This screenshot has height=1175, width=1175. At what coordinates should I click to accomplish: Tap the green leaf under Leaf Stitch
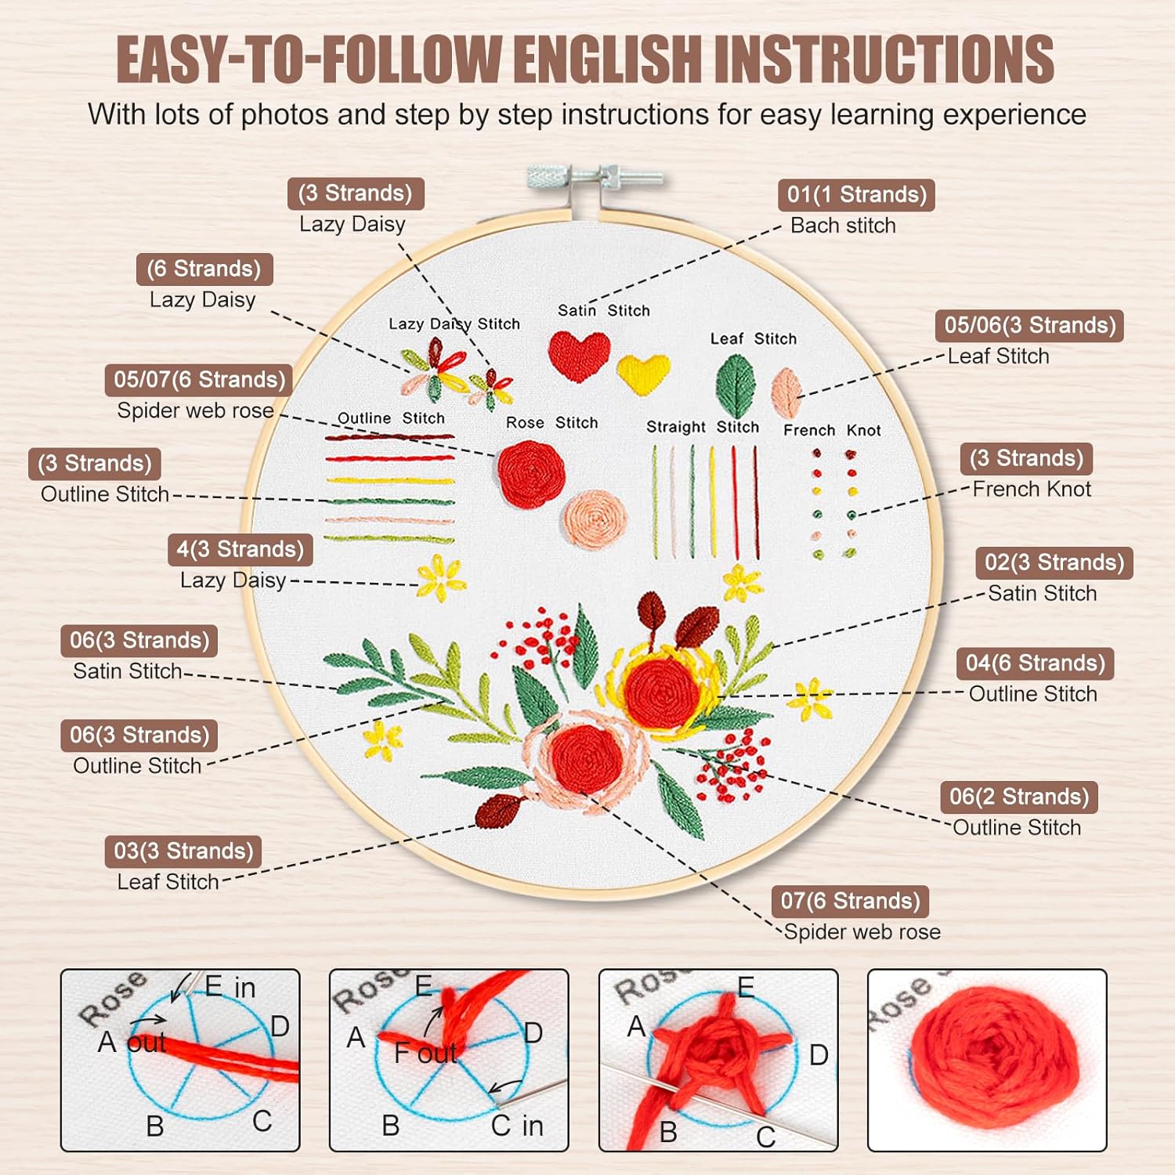736,385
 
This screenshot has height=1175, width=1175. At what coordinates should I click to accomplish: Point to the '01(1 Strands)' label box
856,194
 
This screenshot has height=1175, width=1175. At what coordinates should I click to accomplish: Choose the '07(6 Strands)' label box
850,901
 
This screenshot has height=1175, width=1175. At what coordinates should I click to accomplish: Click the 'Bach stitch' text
843,226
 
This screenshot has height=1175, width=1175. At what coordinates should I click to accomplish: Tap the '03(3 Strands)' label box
183,851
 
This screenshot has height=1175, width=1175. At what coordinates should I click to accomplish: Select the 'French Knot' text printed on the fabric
832,430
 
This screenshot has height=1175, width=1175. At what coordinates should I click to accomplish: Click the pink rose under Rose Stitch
595,519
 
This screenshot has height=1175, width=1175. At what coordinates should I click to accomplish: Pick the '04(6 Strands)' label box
1035,663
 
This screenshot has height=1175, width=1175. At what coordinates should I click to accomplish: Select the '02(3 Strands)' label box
1054,562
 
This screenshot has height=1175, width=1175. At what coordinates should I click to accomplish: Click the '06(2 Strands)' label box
1019,797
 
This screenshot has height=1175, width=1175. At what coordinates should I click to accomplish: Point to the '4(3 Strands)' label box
240,549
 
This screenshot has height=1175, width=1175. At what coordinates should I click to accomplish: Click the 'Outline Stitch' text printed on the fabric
391,418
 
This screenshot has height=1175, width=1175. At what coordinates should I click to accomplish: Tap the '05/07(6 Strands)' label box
199,380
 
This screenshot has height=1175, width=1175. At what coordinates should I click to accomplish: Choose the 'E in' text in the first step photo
230,987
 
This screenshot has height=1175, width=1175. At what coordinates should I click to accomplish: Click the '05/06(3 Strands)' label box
1029,326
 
